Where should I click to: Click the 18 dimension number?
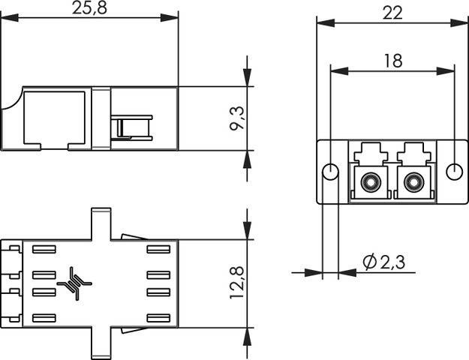pos(392,61)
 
